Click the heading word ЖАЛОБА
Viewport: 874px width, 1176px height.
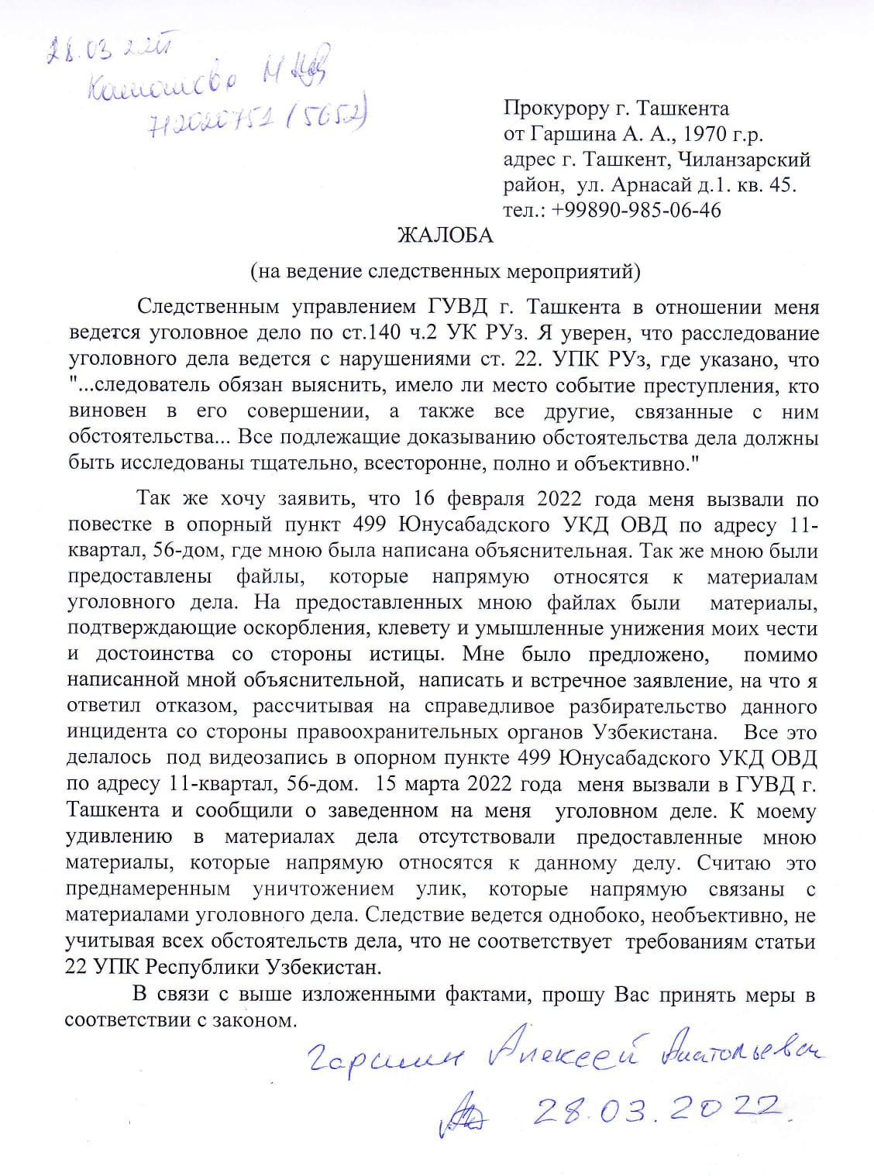click(x=445, y=236)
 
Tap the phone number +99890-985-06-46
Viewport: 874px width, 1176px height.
click(x=636, y=210)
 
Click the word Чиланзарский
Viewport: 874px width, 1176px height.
click(x=744, y=159)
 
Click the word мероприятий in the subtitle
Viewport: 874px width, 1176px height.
click(x=573, y=271)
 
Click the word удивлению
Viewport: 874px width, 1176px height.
click(x=119, y=837)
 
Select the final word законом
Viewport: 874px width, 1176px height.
click(x=256, y=1020)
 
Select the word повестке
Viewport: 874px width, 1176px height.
click(x=109, y=525)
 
